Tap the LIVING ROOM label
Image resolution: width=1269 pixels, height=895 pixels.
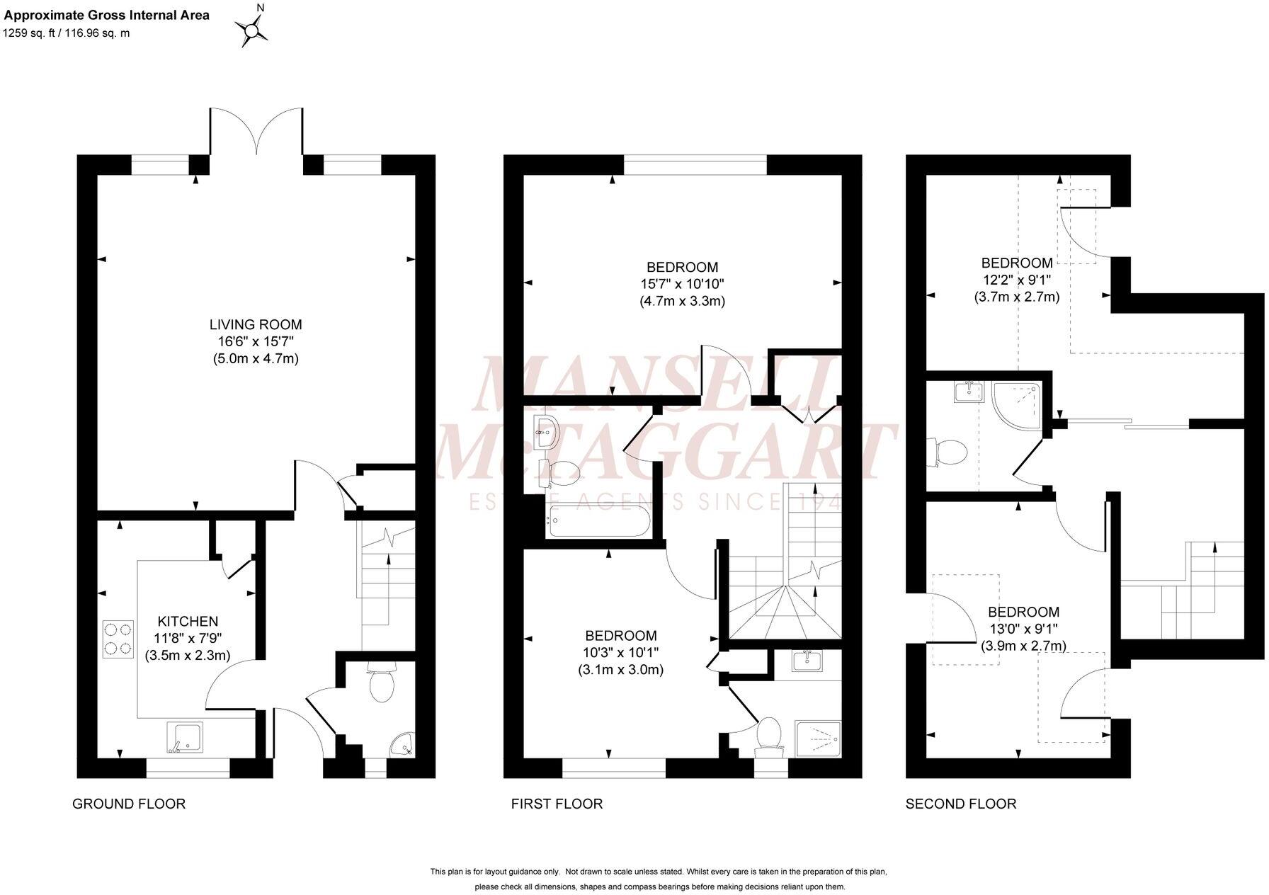255,325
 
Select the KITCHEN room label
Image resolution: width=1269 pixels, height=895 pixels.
188,622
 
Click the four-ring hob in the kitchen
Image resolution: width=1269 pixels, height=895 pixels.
118,638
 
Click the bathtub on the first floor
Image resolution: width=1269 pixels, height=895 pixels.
598,523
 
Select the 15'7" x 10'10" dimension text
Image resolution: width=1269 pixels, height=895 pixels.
682,284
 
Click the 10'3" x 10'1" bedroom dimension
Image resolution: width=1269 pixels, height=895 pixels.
620,653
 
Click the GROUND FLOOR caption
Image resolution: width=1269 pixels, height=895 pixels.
129,804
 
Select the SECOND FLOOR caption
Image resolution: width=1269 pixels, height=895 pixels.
960,804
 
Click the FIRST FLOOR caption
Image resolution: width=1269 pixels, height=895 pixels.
557,804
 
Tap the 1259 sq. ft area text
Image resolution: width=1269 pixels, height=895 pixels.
67,33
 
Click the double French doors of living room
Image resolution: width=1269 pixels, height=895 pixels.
256,131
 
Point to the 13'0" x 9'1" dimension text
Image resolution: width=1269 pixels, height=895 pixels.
1023,629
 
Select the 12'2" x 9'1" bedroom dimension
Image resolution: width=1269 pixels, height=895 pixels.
1016,280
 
